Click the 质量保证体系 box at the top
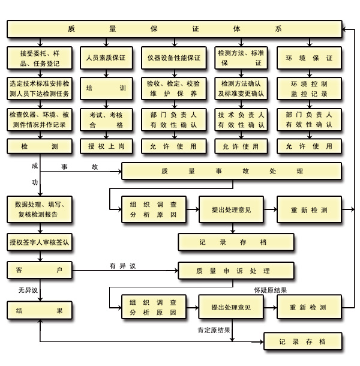[173, 29]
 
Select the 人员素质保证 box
[106, 58]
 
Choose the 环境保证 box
[309, 58]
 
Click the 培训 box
[106, 88]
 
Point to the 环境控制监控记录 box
[309, 88]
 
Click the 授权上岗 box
[106, 146]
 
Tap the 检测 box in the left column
[40, 146]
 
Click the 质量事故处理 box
[232, 172]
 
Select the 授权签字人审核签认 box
[40, 242]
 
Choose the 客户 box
[40, 271]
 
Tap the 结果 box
[40, 311]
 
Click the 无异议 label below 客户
[28, 290]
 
